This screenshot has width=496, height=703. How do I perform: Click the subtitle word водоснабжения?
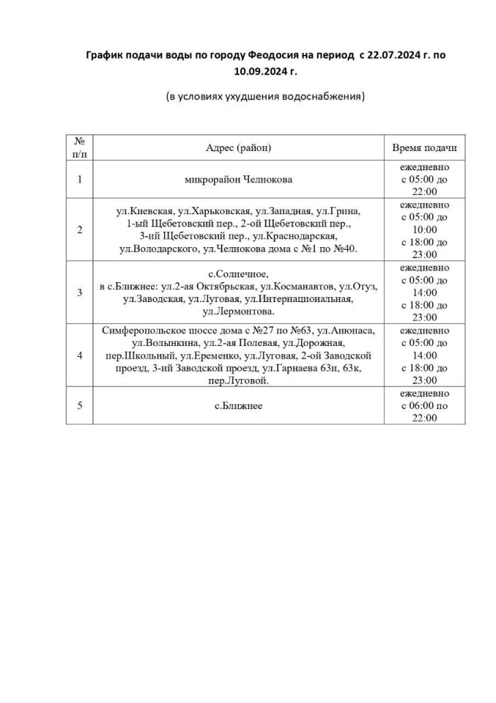(x=324, y=96)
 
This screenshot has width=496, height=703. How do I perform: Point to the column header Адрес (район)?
(x=238, y=148)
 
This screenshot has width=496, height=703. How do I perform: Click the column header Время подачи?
(x=424, y=148)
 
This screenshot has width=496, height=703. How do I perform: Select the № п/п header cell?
(x=80, y=148)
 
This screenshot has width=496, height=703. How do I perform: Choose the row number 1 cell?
(x=80, y=180)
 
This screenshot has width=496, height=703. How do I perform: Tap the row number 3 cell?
(x=80, y=292)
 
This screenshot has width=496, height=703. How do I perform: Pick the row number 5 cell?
(x=80, y=406)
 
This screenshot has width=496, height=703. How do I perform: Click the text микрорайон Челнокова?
(x=238, y=180)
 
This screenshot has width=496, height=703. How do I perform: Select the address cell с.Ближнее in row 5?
(x=238, y=406)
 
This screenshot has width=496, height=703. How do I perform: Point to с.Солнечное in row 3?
(x=237, y=275)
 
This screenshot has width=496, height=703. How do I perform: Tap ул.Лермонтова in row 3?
(x=237, y=311)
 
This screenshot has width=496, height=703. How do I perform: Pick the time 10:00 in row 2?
(x=425, y=229)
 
